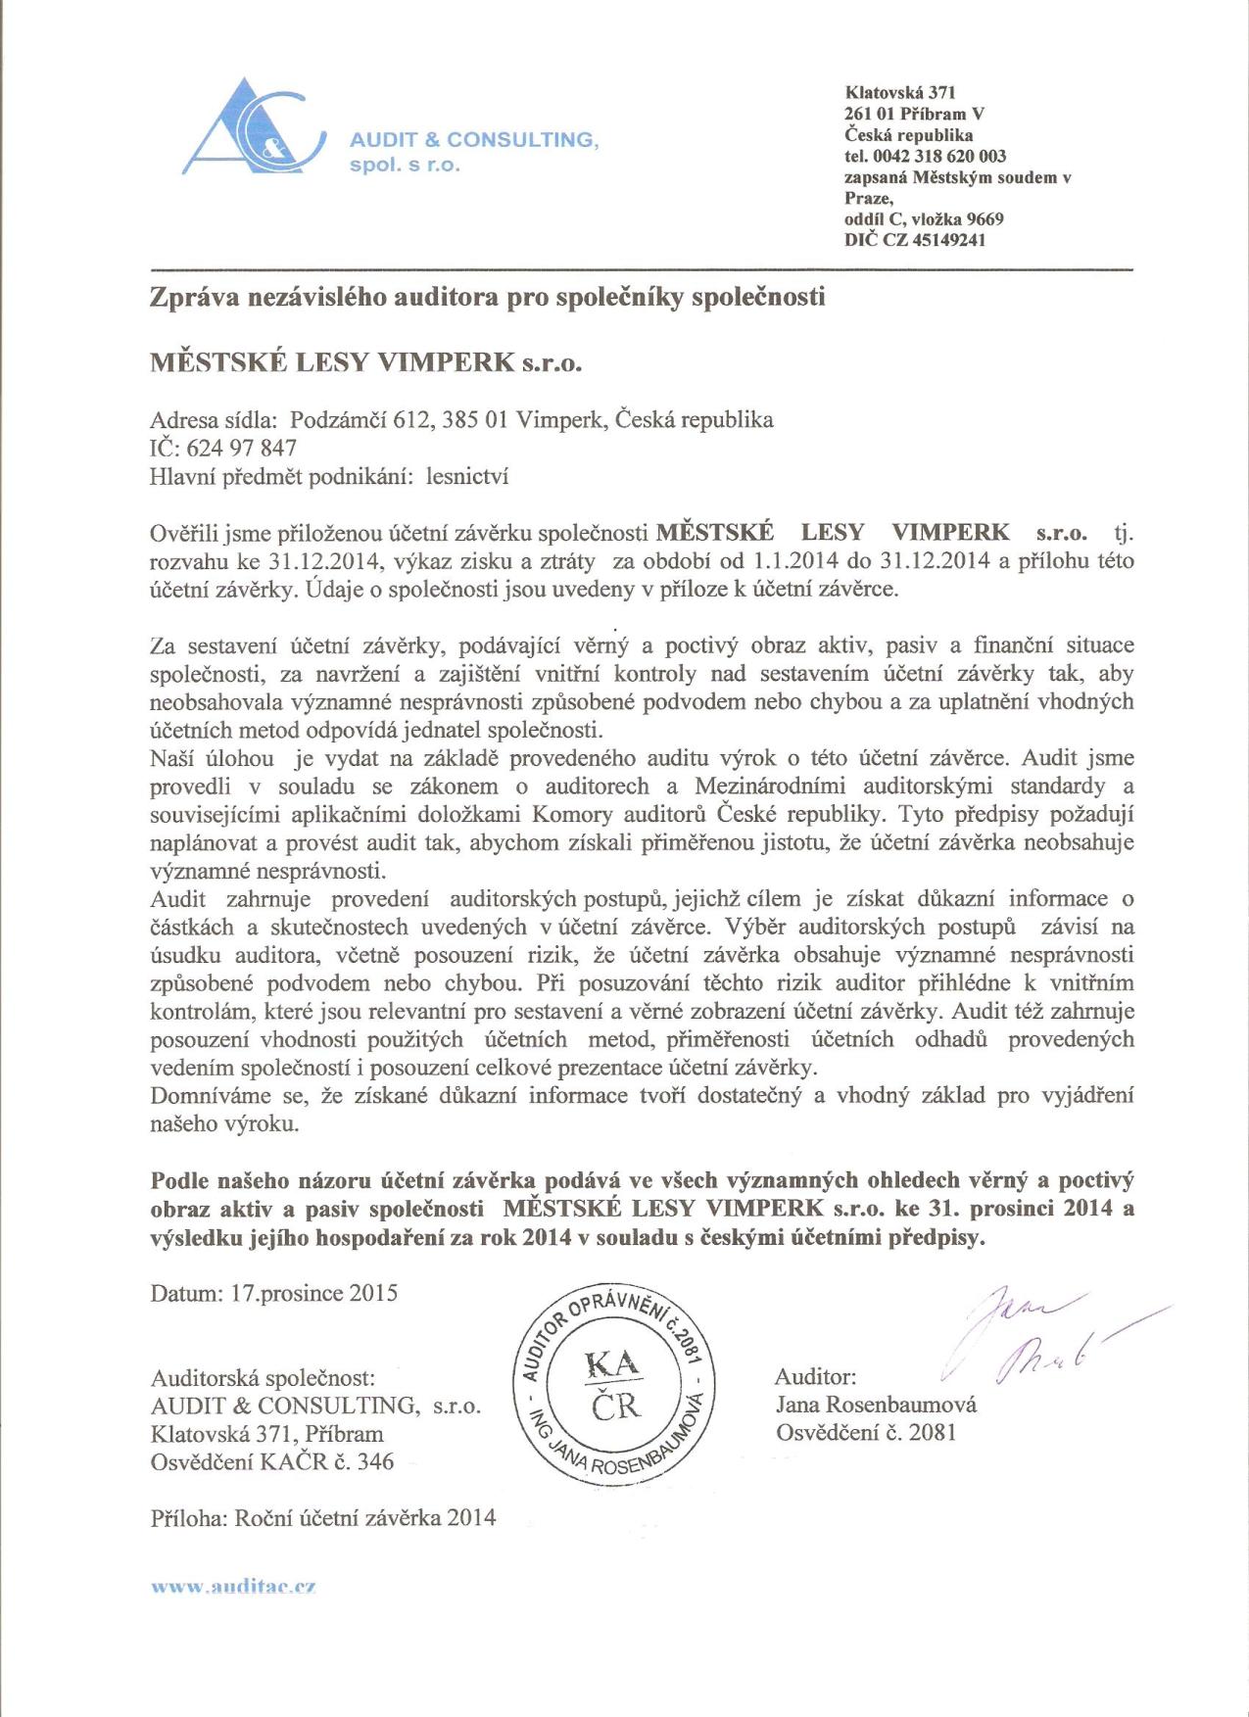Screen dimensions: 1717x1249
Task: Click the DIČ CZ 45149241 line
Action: click(x=915, y=240)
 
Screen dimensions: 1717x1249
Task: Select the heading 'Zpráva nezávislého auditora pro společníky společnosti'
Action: click(x=487, y=296)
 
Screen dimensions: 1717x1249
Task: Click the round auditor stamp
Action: click(x=614, y=1382)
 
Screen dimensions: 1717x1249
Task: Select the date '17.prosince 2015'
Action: click(x=313, y=1293)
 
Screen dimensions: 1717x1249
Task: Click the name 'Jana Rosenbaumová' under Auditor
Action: click(x=876, y=1405)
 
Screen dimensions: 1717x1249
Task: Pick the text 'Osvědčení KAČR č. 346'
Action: click(x=272, y=1461)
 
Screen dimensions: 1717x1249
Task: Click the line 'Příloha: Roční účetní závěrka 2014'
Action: click(x=323, y=1518)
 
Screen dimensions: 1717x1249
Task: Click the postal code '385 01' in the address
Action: click(x=474, y=420)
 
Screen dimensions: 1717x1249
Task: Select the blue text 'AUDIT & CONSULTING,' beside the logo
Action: click(x=474, y=140)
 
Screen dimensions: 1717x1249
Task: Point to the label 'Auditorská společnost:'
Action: click(x=263, y=1378)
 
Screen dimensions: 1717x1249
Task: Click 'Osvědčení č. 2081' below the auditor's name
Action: click(x=866, y=1432)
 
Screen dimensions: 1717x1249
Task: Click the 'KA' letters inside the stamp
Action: click(x=612, y=1362)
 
